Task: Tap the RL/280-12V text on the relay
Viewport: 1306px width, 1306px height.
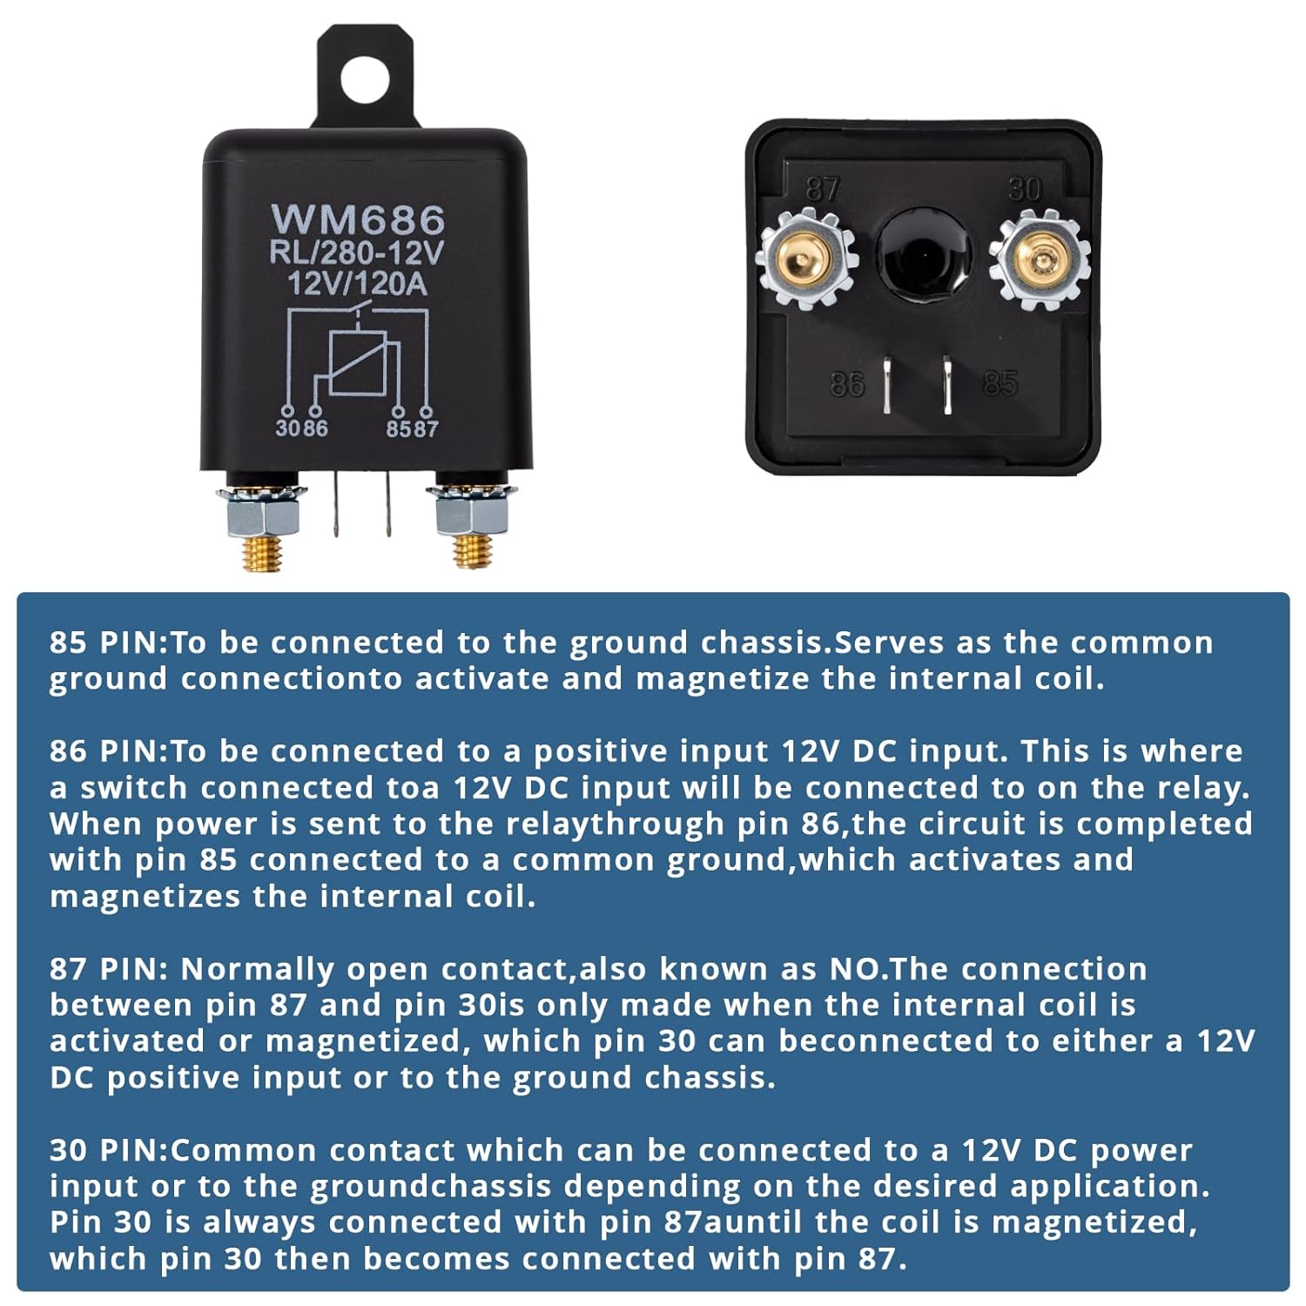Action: (x=357, y=253)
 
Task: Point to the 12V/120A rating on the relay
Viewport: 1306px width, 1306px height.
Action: (x=358, y=283)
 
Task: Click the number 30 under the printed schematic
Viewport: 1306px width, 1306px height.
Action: (x=287, y=428)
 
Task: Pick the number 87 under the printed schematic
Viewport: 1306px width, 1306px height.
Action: (x=426, y=428)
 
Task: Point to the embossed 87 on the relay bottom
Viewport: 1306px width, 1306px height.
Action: (x=822, y=190)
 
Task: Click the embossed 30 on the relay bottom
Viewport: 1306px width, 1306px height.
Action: (x=1024, y=190)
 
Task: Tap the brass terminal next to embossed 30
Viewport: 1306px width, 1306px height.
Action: (x=1040, y=260)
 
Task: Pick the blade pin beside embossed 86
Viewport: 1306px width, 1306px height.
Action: (x=886, y=384)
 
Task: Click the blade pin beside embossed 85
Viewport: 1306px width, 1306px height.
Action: (x=947, y=385)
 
